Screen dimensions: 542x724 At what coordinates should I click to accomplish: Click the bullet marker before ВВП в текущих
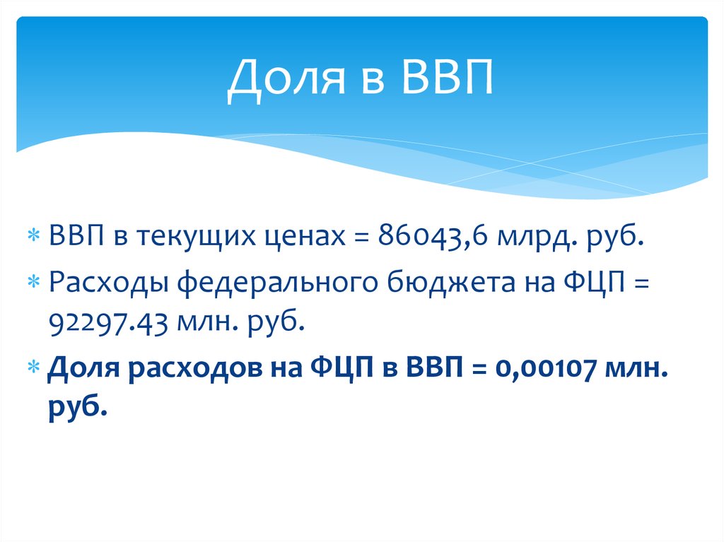33,236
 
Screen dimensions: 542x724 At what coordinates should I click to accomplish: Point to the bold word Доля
79,367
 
